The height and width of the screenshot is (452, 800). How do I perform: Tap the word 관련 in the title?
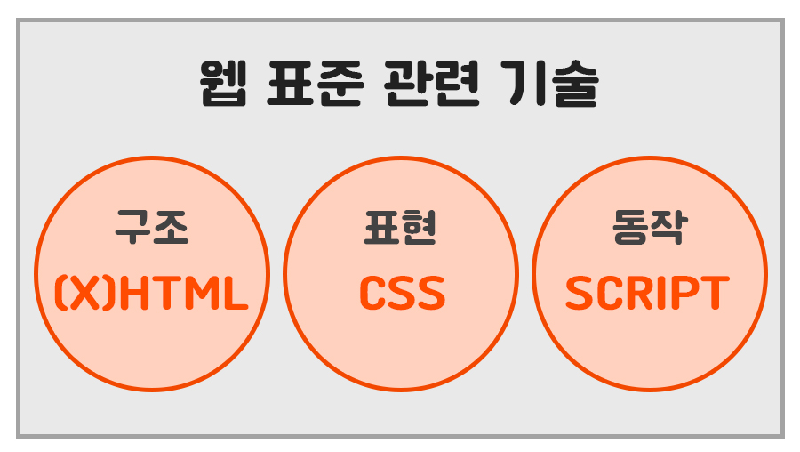430,85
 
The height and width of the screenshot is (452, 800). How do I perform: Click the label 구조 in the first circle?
152,228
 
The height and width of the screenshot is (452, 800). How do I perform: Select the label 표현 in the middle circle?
400,228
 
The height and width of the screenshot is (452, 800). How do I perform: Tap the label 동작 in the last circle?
649,228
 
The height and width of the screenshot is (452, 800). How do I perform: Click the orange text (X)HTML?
151,294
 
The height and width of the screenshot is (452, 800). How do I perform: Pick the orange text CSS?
401,294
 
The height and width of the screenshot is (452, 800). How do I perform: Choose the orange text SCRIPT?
648,294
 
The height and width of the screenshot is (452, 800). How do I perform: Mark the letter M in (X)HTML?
202,294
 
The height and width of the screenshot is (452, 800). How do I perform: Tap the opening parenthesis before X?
63,294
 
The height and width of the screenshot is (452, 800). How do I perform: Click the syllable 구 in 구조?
134,228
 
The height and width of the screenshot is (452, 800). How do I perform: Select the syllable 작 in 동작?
668,228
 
